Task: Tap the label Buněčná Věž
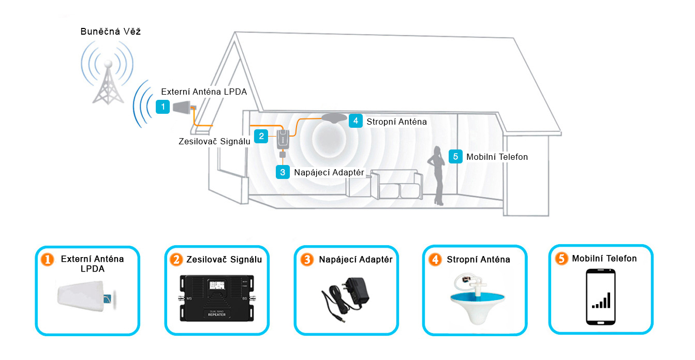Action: (111, 32)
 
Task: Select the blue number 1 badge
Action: (163, 107)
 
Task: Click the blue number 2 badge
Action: (262, 136)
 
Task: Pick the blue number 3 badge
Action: (283, 172)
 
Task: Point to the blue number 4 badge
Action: (356, 121)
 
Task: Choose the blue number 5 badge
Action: (455, 156)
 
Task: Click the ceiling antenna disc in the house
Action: (334, 118)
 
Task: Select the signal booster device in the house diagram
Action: (283, 139)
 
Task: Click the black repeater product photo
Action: (216, 298)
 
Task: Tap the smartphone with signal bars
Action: (601, 296)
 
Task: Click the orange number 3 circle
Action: (307, 260)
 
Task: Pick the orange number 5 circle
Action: (561, 259)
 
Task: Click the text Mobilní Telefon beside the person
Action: (497, 157)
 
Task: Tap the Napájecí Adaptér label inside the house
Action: (329, 172)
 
